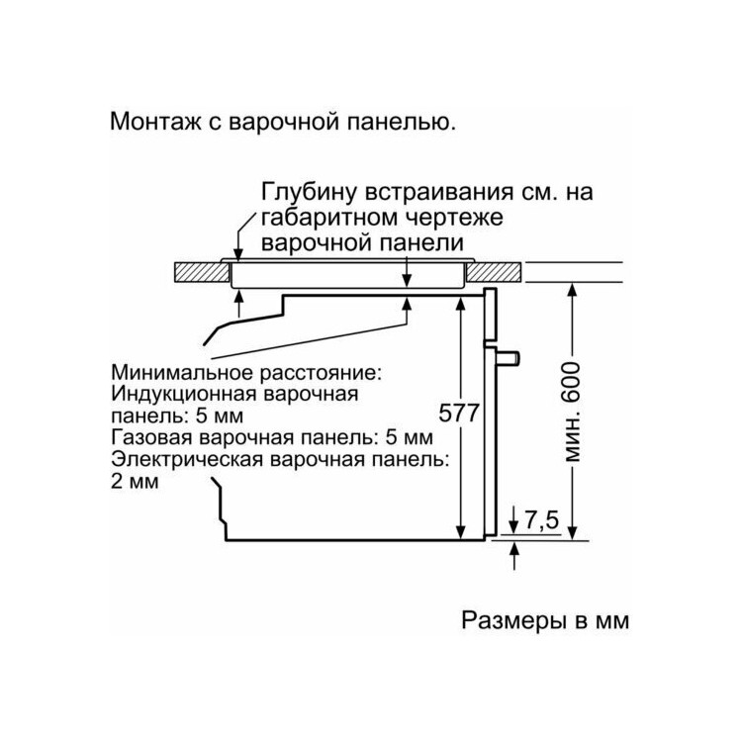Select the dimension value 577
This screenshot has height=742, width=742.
tap(459, 414)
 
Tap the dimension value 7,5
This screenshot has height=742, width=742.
tap(542, 520)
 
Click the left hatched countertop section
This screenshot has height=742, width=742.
tap(202, 273)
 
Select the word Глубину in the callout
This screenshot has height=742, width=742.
tap(309, 193)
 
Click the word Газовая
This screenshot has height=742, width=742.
tap(151, 437)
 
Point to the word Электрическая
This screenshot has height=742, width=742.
tap(187, 459)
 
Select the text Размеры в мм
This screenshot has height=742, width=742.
tap(545, 620)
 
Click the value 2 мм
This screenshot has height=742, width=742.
tap(135, 482)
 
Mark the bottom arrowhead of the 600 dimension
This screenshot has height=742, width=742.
tap(572, 530)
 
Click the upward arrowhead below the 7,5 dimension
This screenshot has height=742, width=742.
tap(514, 549)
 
